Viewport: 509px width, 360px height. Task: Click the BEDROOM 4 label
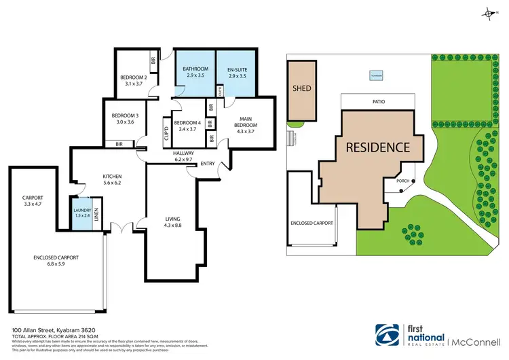(x=185, y=123)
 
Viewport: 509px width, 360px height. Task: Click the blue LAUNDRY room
(x=82, y=213)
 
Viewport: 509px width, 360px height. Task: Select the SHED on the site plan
(x=301, y=88)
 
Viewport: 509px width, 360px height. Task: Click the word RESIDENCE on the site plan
(x=378, y=147)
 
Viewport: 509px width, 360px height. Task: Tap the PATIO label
(x=379, y=101)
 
